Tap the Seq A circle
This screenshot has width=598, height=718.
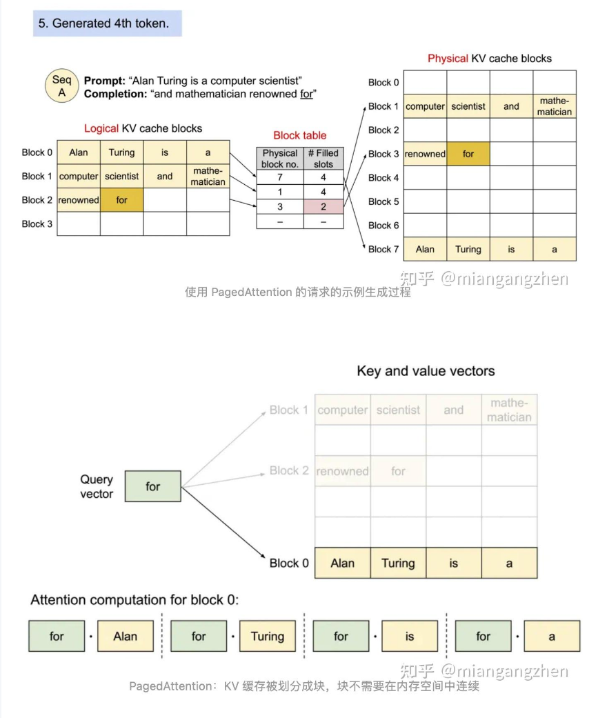[61, 86]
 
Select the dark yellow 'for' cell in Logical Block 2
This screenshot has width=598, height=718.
[121, 200]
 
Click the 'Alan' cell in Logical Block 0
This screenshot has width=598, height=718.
[79, 152]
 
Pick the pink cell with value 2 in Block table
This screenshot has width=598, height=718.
[323, 207]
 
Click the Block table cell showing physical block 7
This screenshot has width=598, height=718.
[280, 177]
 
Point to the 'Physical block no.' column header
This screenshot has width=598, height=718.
[280, 159]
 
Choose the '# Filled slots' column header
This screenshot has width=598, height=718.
[323, 159]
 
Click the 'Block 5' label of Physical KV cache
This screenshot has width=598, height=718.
[383, 201]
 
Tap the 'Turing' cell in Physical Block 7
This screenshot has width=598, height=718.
[468, 249]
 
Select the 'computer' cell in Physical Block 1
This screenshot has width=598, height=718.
[425, 106]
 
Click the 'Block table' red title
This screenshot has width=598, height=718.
[300, 135]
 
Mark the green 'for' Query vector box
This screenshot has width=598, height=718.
[152, 486]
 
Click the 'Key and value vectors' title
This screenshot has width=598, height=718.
[426, 371]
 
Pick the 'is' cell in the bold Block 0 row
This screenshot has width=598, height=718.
[453, 563]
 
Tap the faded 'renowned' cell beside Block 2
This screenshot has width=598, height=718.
[342, 471]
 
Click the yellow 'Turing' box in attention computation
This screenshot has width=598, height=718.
[267, 636]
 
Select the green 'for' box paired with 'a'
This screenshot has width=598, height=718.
[483, 636]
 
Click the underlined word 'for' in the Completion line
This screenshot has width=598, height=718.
[306, 94]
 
